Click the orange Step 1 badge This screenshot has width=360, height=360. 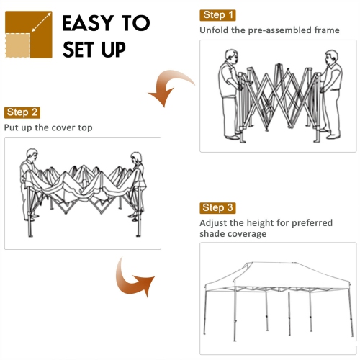click(x=218, y=15)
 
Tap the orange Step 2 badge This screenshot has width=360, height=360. click(x=23, y=112)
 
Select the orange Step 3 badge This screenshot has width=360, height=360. click(x=218, y=208)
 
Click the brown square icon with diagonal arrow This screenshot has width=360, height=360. click(x=29, y=35)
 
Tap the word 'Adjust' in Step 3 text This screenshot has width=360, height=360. click(x=215, y=223)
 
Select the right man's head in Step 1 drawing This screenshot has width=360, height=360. click(x=331, y=55)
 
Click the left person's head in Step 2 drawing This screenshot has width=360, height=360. click(x=31, y=154)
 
